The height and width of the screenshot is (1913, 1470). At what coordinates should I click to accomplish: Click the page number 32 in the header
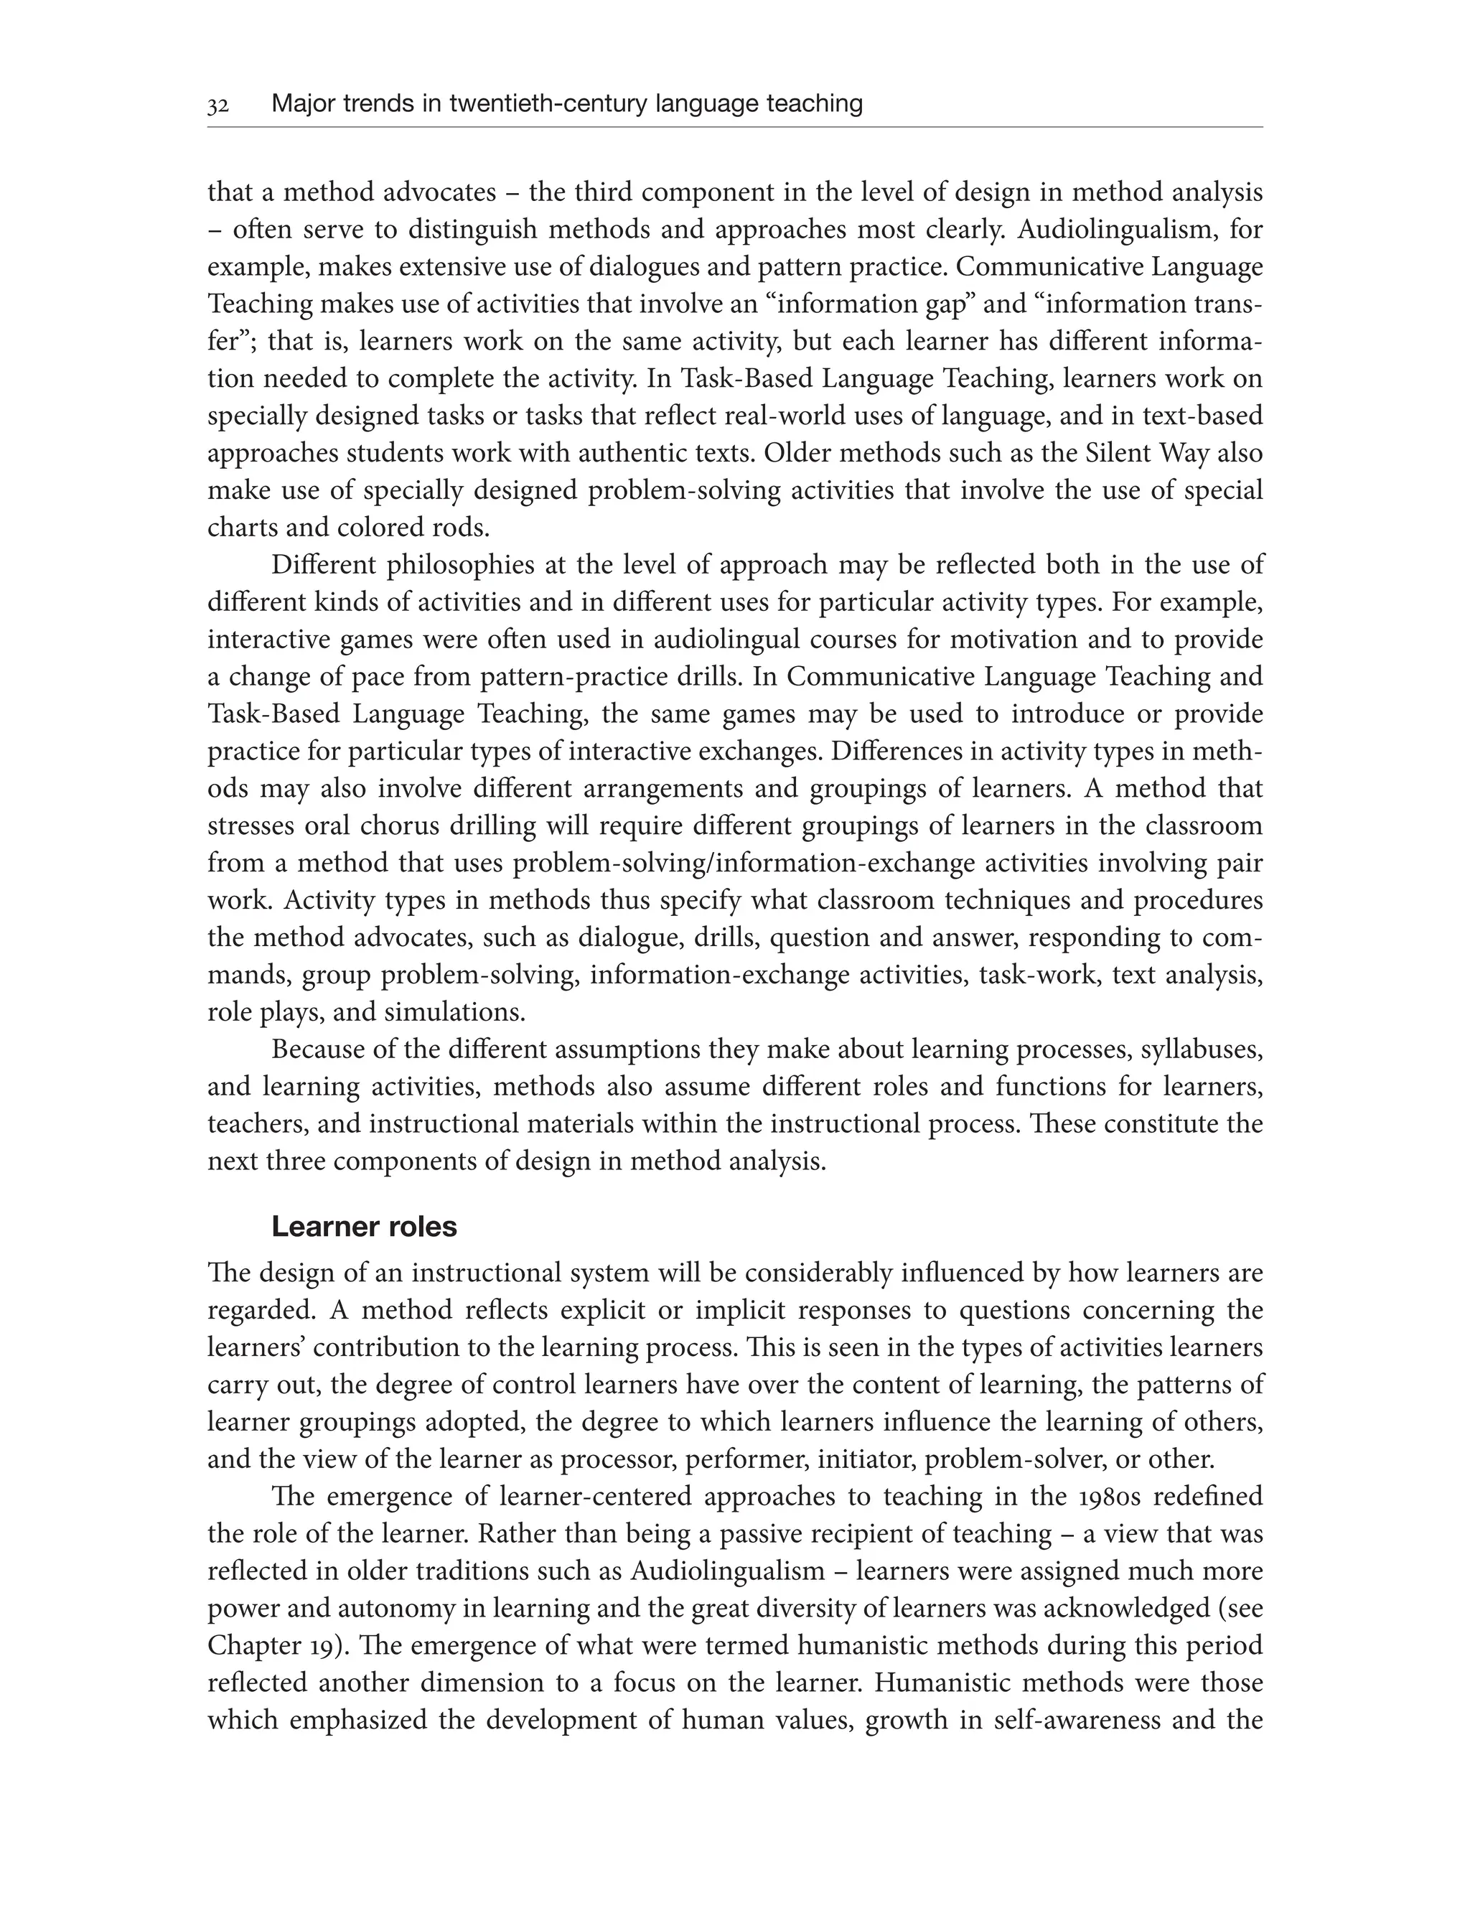coord(218,106)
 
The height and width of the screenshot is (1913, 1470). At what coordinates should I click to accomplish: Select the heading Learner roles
coord(364,1227)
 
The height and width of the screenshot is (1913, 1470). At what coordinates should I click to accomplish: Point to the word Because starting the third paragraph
coord(319,1050)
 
